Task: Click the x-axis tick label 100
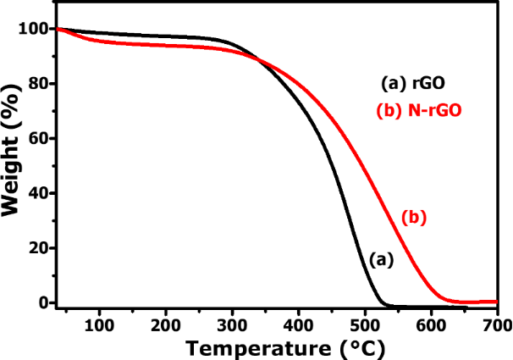100,325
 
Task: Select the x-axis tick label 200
166,325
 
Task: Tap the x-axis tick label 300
232,325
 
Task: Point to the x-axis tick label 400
298,325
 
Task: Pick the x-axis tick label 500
364,325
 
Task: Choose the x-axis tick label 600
431,325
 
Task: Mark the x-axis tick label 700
497,325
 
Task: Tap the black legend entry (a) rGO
412,84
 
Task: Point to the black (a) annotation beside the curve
382,260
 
